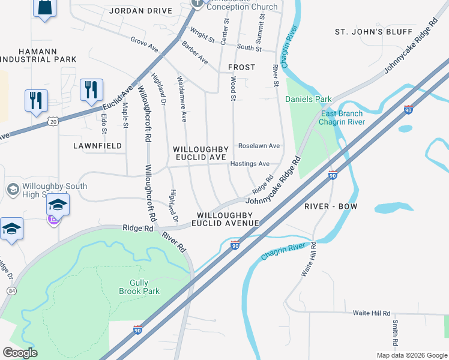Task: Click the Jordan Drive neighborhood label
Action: pyautogui.click(x=141, y=11)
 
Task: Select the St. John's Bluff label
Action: pyautogui.click(x=373, y=32)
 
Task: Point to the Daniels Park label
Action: pyautogui.click(x=308, y=99)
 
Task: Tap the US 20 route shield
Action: pyautogui.click(x=53, y=122)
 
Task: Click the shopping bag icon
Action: pyautogui.click(x=45, y=8)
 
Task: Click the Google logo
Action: pyautogui.click(x=20, y=353)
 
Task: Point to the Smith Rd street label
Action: pyautogui.click(x=395, y=334)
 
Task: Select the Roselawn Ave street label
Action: pyautogui.click(x=259, y=146)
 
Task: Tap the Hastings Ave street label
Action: pyautogui.click(x=250, y=164)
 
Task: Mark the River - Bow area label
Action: pyautogui.click(x=331, y=206)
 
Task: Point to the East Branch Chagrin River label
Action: pyautogui.click(x=341, y=118)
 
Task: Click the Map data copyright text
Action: pyautogui.click(x=411, y=355)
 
